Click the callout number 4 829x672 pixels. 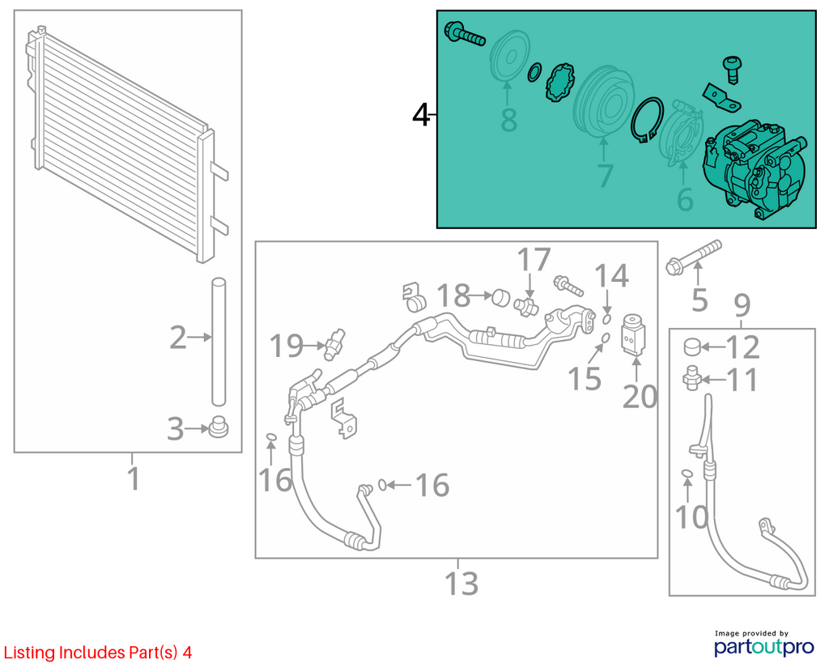point(421,115)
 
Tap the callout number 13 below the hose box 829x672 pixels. point(461,584)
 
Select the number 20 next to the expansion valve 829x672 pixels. point(640,397)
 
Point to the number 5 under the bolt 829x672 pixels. point(699,300)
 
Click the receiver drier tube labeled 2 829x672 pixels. point(219,342)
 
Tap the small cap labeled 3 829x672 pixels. point(218,427)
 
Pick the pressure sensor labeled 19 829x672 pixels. point(335,345)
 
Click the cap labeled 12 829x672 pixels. point(692,347)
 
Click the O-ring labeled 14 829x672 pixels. point(607,319)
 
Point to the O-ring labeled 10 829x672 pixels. point(687,473)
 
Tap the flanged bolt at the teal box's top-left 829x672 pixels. point(465,33)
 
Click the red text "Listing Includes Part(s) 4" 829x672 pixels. point(98,653)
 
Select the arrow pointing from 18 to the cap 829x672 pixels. point(481,296)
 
